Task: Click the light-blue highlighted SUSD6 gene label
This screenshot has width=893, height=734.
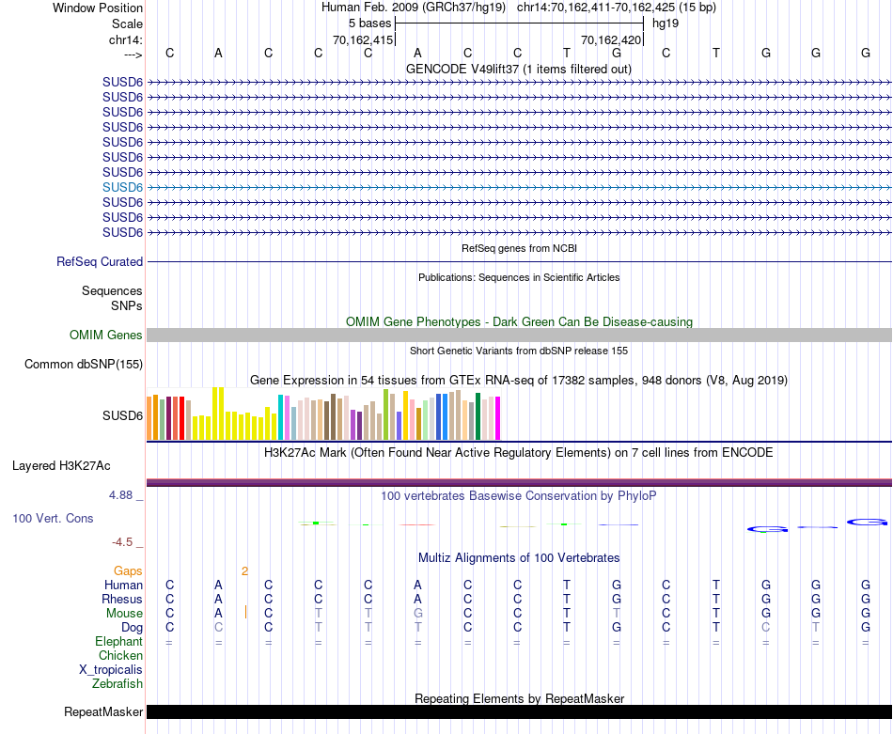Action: tap(122, 187)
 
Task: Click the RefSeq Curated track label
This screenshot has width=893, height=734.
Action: tap(100, 262)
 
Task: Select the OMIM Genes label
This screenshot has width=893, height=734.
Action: tap(106, 336)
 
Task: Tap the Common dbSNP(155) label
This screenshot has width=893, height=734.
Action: tap(84, 365)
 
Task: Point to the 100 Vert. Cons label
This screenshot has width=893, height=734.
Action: tap(53, 519)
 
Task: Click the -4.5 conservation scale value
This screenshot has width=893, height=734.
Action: tap(127, 542)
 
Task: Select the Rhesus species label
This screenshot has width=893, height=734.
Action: tap(123, 600)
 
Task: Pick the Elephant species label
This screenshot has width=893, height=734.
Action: tap(119, 642)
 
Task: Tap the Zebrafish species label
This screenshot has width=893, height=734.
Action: tap(117, 684)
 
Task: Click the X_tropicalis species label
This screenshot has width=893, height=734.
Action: tap(111, 670)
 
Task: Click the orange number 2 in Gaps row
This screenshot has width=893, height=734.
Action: tap(244, 570)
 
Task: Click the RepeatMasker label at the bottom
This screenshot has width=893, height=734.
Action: tap(103, 712)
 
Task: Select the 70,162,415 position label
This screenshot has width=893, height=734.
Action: tap(363, 40)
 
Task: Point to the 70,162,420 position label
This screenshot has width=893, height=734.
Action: tap(611, 40)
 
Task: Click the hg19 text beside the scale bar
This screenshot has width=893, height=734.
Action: tap(666, 23)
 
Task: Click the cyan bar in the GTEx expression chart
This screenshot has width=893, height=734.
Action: tap(281, 417)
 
